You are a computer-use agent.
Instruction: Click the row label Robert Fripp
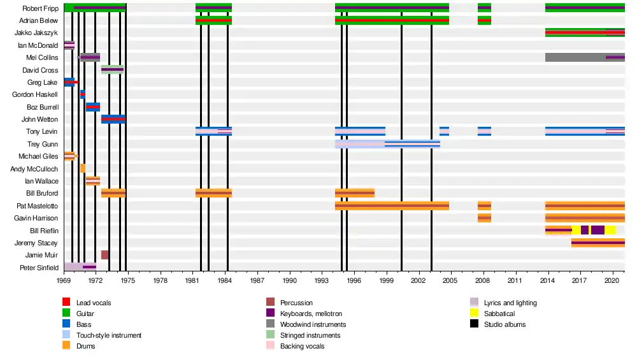click(x=40, y=8)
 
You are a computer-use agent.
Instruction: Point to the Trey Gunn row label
click(x=43, y=144)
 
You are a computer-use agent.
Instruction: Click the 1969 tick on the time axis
click(x=64, y=280)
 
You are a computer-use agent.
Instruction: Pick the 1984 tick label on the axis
click(x=225, y=280)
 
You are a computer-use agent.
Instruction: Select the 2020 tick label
click(x=612, y=280)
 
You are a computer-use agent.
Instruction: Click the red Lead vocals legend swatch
click(x=66, y=303)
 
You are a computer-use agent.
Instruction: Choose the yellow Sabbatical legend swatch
click(x=474, y=313)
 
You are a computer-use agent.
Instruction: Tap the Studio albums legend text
click(x=506, y=324)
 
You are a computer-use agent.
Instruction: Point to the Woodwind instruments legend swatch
click(x=270, y=324)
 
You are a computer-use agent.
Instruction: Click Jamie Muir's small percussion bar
click(x=104, y=255)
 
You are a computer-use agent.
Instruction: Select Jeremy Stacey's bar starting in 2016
click(x=598, y=243)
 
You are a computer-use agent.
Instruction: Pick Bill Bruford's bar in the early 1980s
click(x=213, y=193)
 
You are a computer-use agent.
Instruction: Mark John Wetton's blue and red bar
click(x=113, y=119)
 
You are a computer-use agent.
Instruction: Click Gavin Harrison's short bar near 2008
click(x=484, y=218)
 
